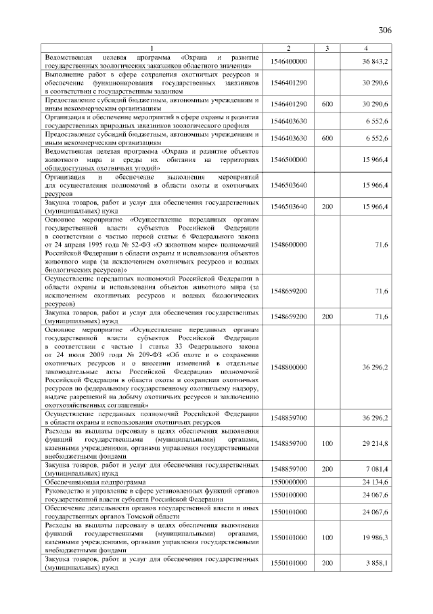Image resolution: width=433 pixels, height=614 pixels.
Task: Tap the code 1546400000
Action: [x=288, y=62]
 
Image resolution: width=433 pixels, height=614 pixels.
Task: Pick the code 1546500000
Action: [x=288, y=159]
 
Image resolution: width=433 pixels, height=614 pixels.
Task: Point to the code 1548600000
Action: [x=288, y=244]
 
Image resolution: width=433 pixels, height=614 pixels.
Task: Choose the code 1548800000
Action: [x=288, y=367]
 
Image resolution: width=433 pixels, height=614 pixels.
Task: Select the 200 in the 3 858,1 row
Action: [x=327, y=562]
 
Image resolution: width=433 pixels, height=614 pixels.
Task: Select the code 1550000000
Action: [x=288, y=481]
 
